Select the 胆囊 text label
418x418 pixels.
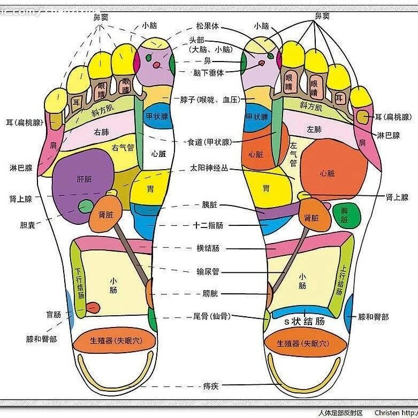point(27,225)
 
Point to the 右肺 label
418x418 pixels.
point(102,132)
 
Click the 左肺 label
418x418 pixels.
point(314,130)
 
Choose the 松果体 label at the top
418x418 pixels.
point(207,26)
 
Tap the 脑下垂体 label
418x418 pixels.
point(209,72)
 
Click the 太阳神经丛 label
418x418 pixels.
point(209,168)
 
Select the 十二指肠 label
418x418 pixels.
point(208,225)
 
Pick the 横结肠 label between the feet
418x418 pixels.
point(208,248)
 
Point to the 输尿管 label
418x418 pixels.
point(208,271)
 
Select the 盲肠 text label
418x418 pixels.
point(53,315)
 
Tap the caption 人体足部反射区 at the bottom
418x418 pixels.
point(340,413)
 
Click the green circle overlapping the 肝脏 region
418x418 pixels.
point(85,206)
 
